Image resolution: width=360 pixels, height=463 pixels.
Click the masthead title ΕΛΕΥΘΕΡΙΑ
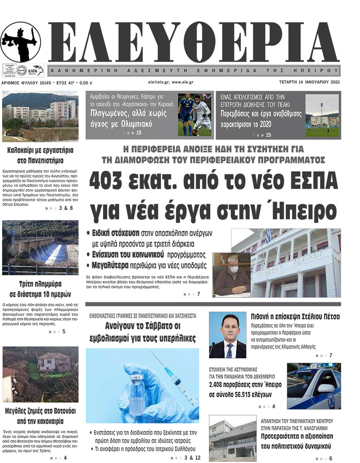[194, 42]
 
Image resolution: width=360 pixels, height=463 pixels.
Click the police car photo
[314, 386]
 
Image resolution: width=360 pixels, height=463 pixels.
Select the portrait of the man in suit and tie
[227, 335]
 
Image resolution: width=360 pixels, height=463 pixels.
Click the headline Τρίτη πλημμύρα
[40, 285]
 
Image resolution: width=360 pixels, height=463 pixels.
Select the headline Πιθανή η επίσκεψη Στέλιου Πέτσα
[295, 317]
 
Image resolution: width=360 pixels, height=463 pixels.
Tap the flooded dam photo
[40, 247]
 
